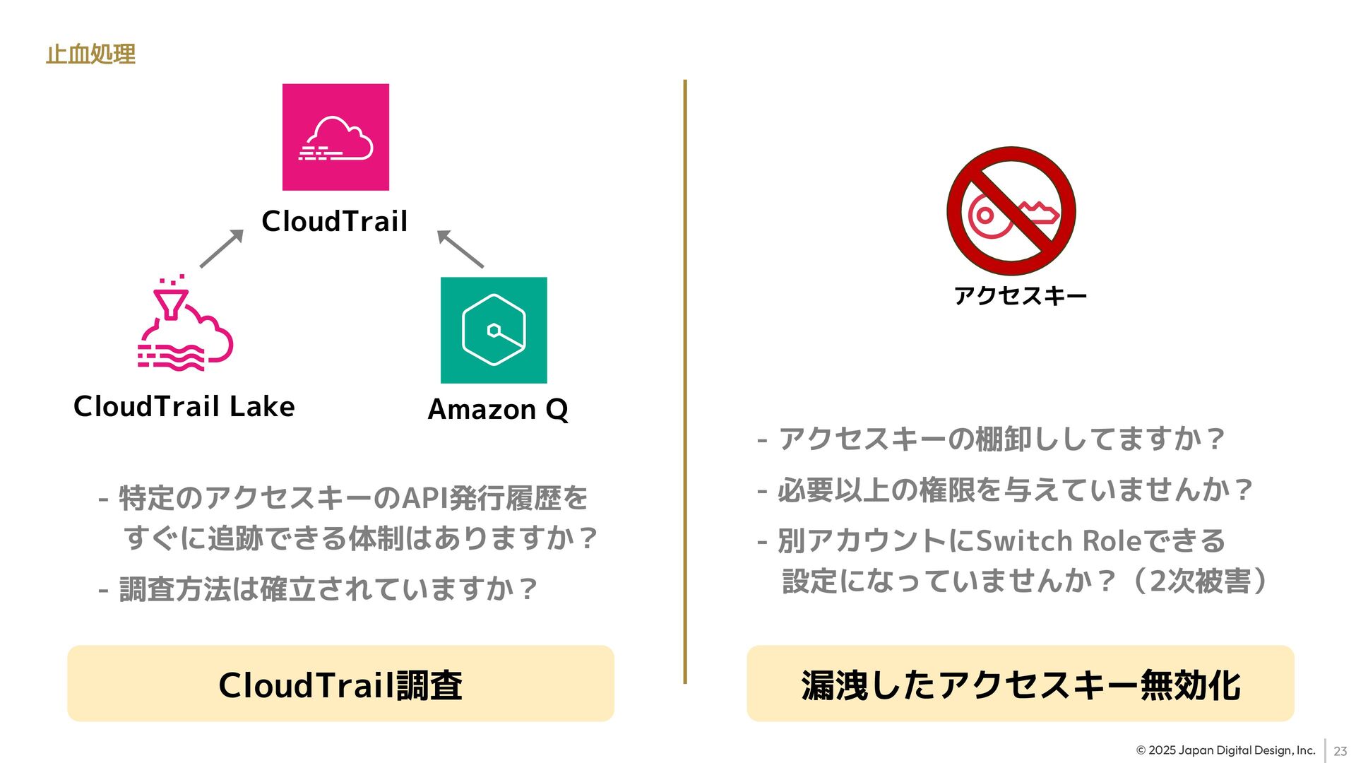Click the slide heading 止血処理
[x=90, y=54]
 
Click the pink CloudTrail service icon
[x=335, y=137]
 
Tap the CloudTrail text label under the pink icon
[x=335, y=221]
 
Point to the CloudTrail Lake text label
[x=184, y=406]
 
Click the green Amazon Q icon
[x=494, y=330]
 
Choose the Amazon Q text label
[x=498, y=410]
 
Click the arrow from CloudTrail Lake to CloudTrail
[x=221, y=249]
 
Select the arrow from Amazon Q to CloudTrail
[x=460, y=249]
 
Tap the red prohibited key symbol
[x=1011, y=211]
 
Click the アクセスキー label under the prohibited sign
[x=1020, y=295]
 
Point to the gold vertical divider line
[x=685, y=381]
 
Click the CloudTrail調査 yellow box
[x=340, y=683]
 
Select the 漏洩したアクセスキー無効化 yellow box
[x=1020, y=683]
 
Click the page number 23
[x=1340, y=751]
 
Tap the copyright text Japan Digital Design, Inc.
[x=1225, y=750]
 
